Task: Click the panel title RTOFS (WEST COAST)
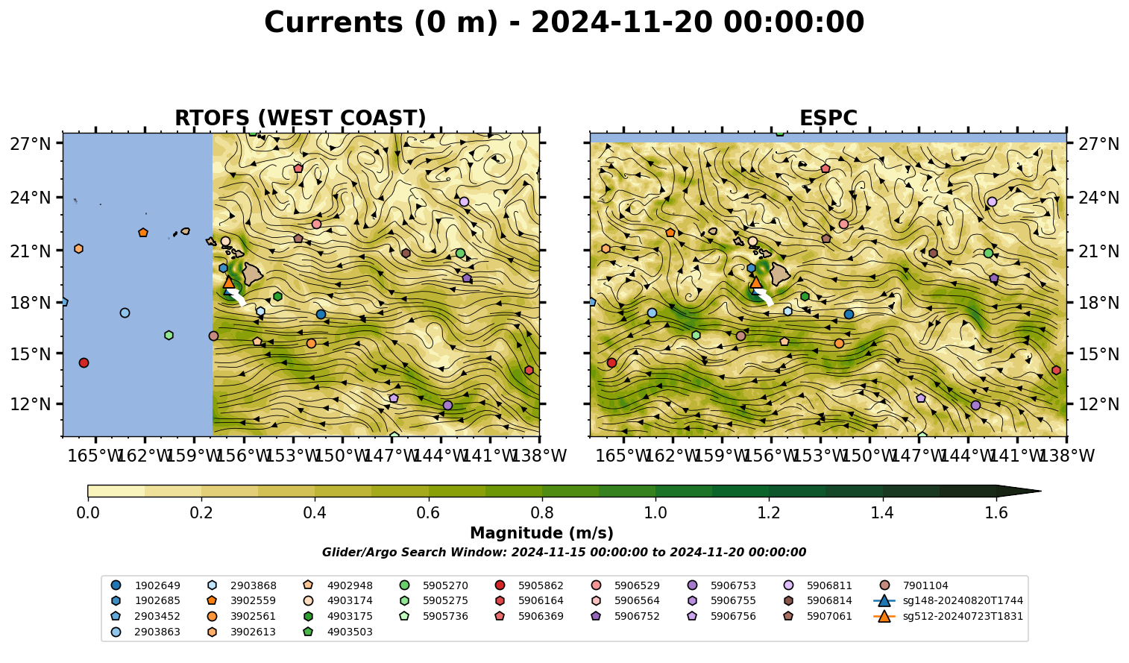(x=301, y=119)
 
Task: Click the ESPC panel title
(x=828, y=119)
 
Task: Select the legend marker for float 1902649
(x=116, y=585)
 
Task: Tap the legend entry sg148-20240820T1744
(x=948, y=600)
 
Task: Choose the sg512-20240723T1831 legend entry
(x=948, y=616)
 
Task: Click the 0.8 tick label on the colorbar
(x=542, y=513)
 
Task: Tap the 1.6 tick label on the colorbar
(x=996, y=513)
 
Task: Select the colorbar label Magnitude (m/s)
(x=542, y=533)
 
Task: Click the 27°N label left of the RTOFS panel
(x=31, y=144)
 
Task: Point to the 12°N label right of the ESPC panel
(x=1098, y=404)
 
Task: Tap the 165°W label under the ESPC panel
(x=621, y=456)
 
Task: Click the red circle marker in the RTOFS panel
(x=84, y=363)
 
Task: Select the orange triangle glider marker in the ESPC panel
(x=755, y=283)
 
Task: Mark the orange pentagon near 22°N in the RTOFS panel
(x=143, y=233)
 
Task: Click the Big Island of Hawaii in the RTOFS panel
(x=253, y=274)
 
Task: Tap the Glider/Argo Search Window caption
(x=564, y=552)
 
